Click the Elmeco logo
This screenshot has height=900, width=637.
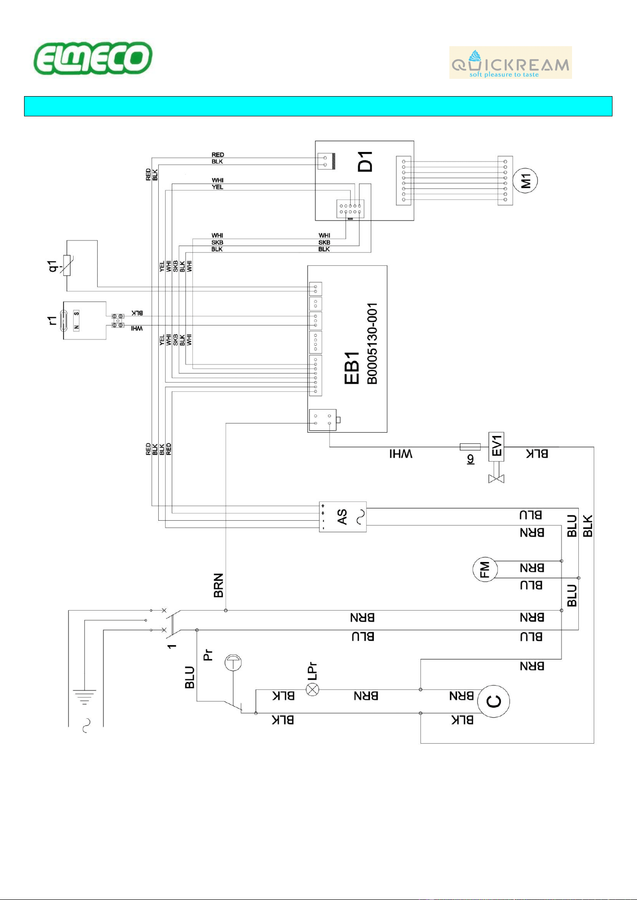pyautogui.click(x=93, y=58)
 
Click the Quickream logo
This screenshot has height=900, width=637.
pyautogui.click(x=510, y=62)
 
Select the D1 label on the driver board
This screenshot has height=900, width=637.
pyautogui.click(x=365, y=162)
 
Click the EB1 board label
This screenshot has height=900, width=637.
pyautogui.click(x=352, y=368)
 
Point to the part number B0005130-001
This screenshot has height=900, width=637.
pyautogui.click(x=372, y=344)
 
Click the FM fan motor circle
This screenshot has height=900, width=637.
pyautogui.click(x=484, y=569)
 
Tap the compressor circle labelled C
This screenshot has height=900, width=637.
pyautogui.click(x=494, y=701)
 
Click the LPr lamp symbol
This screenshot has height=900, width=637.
pyautogui.click(x=313, y=690)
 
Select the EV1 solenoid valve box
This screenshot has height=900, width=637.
pyautogui.click(x=496, y=447)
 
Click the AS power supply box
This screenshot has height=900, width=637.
pyautogui.click(x=343, y=517)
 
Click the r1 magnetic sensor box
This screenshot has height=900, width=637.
pyautogui.click(x=85, y=321)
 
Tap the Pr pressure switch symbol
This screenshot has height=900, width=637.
pyautogui.click(x=233, y=662)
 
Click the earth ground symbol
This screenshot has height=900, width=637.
pyautogui.click(x=85, y=697)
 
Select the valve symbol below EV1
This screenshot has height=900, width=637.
pyautogui.click(x=496, y=479)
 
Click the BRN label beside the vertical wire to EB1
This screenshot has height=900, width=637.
pyautogui.click(x=218, y=585)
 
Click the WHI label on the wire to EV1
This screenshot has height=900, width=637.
pyautogui.click(x=401, y=454)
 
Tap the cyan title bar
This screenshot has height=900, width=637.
pyautogui.click(x=318, y=106)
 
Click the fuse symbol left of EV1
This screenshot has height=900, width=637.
pyautogui.click(x=470, y=447)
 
